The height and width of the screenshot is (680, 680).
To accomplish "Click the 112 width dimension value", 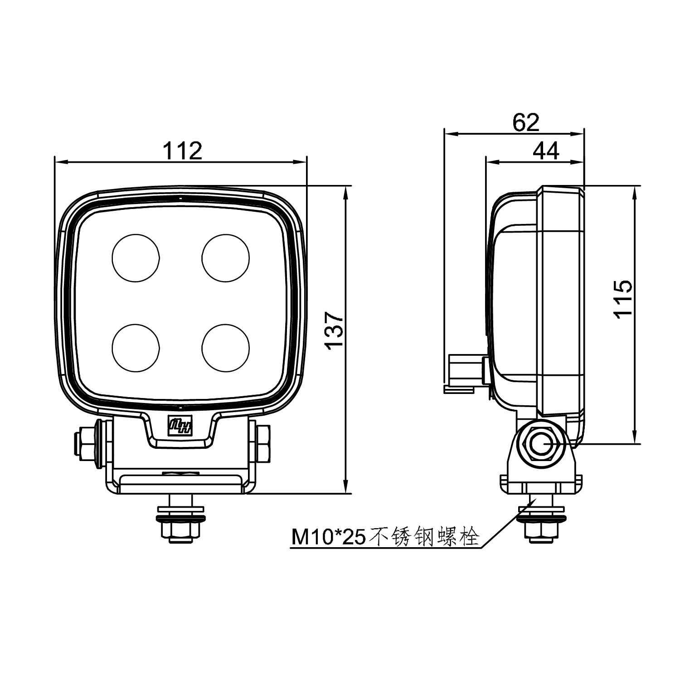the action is point(182,151).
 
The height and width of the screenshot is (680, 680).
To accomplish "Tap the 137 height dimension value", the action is point(335,330).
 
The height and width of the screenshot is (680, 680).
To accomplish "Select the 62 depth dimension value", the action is point(526,122).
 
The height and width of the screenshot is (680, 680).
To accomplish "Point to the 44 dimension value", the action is point(546,151).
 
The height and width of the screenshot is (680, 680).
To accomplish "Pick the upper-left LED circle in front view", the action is point(136,257).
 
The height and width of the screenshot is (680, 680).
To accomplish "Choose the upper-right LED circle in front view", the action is point(226,257).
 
